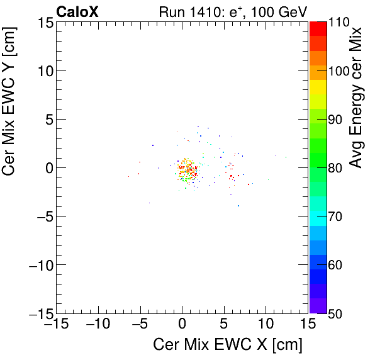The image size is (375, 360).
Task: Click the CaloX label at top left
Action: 77,11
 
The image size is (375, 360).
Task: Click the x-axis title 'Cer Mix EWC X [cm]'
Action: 228,345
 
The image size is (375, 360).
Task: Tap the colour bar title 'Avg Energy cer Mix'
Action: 357,98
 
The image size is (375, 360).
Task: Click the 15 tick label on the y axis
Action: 44,22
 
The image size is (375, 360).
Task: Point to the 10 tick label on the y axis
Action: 44,70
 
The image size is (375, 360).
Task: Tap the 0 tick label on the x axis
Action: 182,325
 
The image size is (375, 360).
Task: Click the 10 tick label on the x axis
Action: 266,325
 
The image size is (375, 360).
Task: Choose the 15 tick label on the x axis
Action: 308,325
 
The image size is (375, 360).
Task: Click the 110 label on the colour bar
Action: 338,22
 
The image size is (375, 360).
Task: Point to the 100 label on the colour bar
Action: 338,70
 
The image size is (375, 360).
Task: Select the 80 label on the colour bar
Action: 335,168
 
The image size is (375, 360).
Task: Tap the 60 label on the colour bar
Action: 335,265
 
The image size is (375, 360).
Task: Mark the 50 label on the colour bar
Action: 335,313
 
